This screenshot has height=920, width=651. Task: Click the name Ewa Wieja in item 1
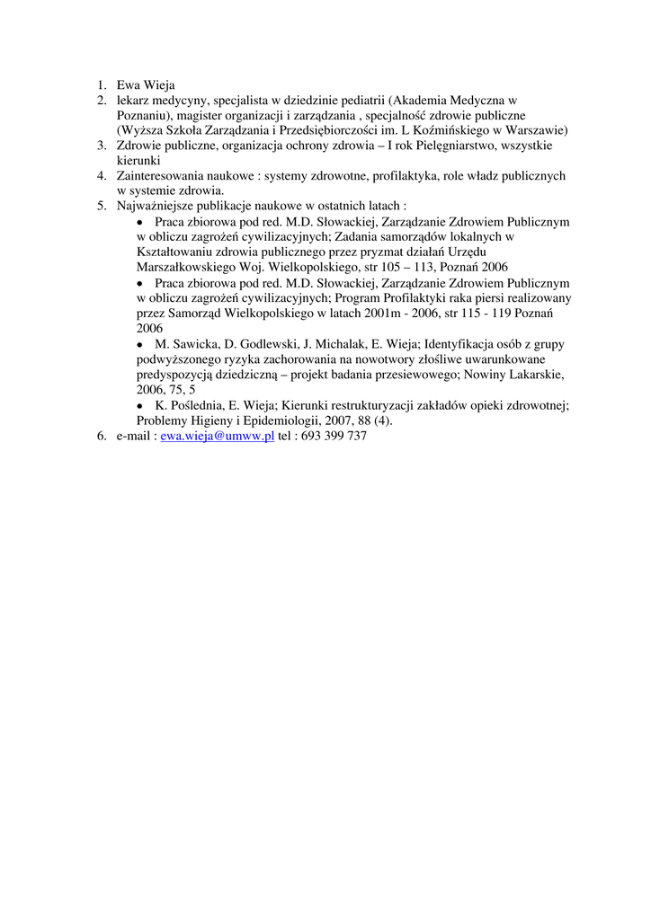(x=146, y=85)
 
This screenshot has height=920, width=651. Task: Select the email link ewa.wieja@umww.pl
(x=217, y=436)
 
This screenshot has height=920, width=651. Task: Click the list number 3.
(x=103, y=145)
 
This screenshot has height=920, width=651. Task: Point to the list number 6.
(x=103, y=436)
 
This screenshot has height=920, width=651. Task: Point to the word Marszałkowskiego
(x=187, y=267)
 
